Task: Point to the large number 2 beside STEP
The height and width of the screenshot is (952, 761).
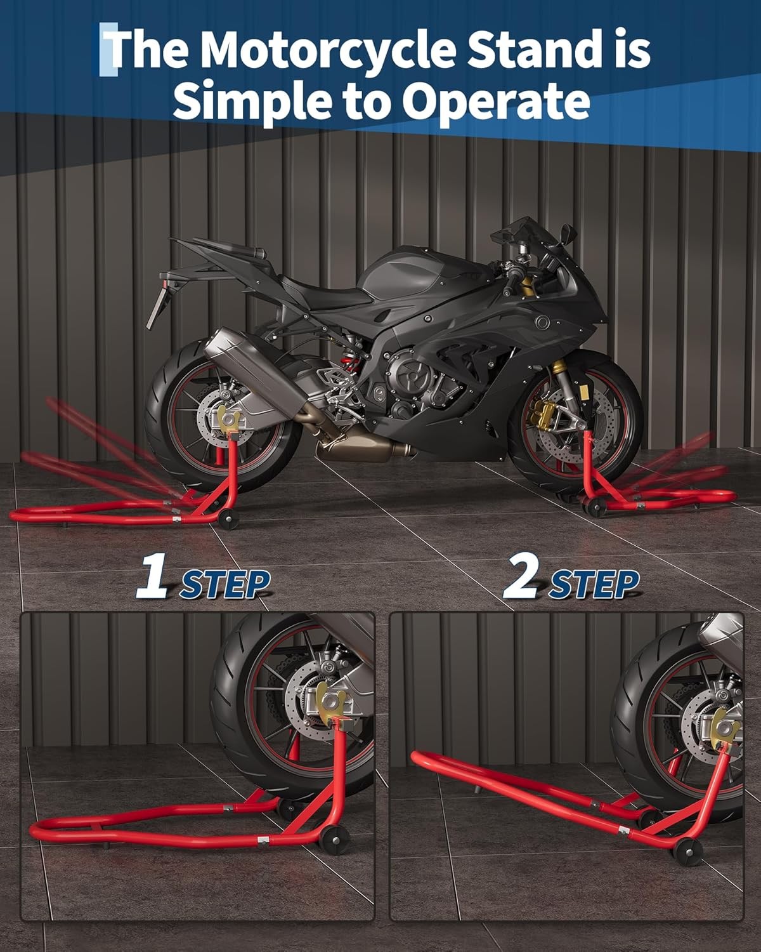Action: [522, 576]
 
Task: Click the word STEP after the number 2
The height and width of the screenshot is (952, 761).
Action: [594, 584]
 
